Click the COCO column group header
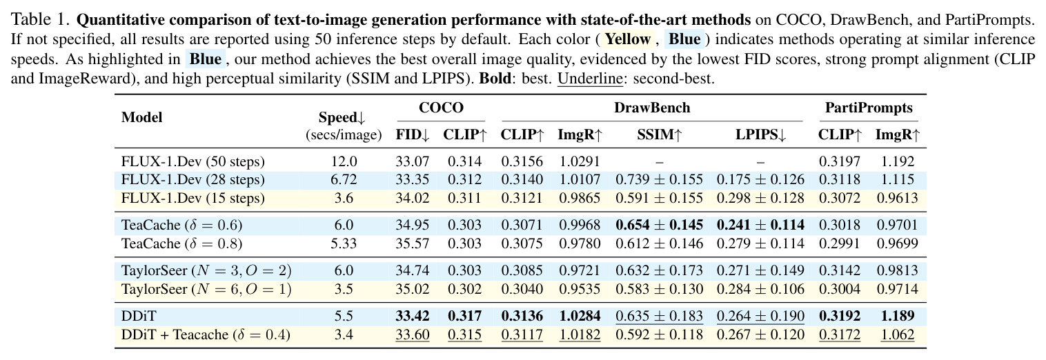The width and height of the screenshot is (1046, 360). (441, 108)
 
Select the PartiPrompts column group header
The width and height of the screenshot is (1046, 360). (869, 108)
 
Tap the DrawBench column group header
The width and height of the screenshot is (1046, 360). (652, 108)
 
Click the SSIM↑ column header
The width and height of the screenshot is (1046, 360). (660, 135)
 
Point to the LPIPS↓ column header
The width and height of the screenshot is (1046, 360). (760, 135)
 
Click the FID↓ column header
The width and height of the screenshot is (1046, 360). (413, 135)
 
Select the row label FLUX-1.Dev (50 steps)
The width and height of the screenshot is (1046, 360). (193, 161)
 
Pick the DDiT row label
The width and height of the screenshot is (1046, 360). (139, 316)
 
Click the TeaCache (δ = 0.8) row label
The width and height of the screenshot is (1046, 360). (181, 243)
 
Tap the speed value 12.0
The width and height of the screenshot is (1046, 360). (344, 161)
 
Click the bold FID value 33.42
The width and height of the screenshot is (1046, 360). (413, 316)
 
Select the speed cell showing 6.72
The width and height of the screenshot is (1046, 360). (344, 180)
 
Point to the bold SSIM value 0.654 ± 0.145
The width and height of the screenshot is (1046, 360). (660, 225)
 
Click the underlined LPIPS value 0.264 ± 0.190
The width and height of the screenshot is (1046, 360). (760, 316)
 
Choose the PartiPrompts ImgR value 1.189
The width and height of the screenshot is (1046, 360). (897, 316)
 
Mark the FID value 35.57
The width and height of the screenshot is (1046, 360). (413, 243)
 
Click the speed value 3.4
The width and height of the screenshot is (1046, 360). (344, 334)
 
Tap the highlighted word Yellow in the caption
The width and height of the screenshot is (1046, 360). (628, 39)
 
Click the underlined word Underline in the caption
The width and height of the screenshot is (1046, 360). (590, 78)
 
